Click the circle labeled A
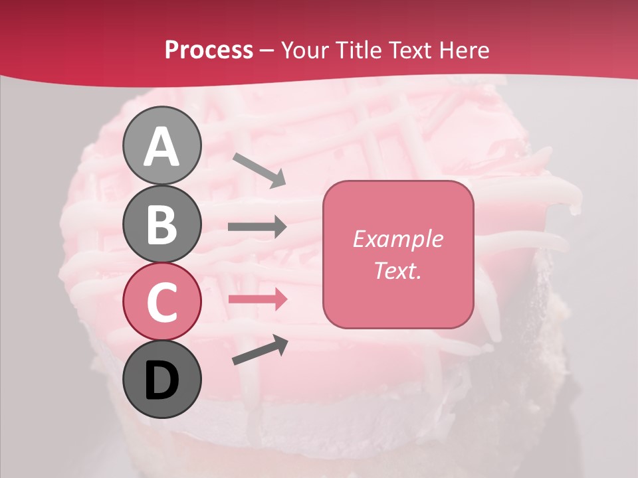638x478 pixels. (161, 145)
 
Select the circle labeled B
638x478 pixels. (161, 224)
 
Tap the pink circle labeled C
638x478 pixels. (161, 301)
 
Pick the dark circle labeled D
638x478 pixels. (161, 379)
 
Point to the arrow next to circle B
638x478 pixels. (257, 227)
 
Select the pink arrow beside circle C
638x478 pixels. (257, 299)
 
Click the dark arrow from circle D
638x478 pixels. (260, 349)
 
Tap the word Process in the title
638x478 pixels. (209, 50)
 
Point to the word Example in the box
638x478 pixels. (397, 239)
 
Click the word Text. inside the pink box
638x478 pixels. (397, 271)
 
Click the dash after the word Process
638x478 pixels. (267, 50)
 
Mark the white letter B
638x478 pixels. (161, 224)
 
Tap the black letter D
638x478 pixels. (161, 380)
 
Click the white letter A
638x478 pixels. (161, 147)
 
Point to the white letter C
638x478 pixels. (161, 302)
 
